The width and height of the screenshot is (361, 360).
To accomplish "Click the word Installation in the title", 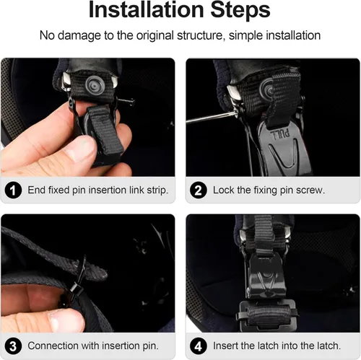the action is pyautogui.click(x=147, y=10).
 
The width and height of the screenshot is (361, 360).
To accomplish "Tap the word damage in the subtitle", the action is pyautogui.click(x=79, y=36).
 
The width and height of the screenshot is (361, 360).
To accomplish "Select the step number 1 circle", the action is pyautogui.click(x=13, y=190).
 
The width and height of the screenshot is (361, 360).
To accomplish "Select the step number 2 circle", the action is pyautogui.click(x=199, y=190).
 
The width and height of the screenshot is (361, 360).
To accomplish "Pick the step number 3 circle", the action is pyautogui.click(x=13, y=346).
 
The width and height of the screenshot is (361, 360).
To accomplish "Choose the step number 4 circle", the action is pyautogui.click(x=199, y=346).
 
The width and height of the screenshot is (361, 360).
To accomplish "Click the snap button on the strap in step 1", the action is pyautogui.click(x=95, y=85).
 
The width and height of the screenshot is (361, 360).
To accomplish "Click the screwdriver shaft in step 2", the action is pyautogui.click(x=211, y=118).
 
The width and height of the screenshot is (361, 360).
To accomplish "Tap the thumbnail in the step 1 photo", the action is pyautogui.click(x=81, y=150).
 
